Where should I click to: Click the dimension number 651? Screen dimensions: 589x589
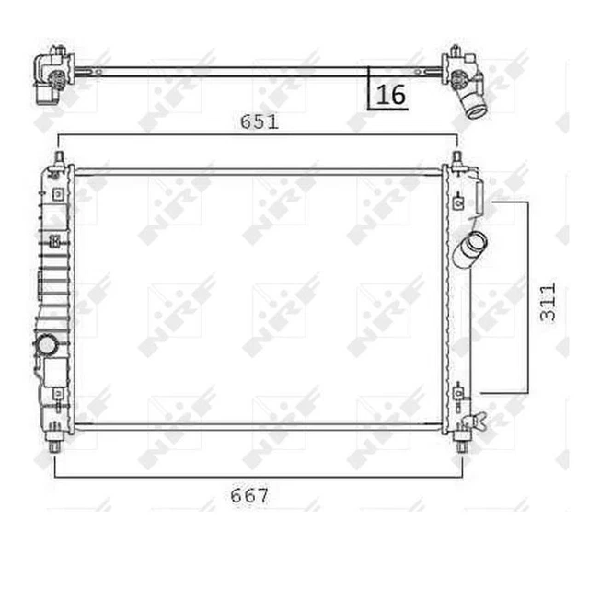(260, 122)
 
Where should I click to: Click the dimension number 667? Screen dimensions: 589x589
(249, 495)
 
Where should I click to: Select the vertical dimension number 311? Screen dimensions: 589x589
(548, 303)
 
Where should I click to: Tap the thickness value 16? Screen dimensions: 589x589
(390, 95)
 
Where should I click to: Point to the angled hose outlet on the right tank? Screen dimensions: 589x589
(470, 248)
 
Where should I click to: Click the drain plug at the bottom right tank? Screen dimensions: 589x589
(475, 422)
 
